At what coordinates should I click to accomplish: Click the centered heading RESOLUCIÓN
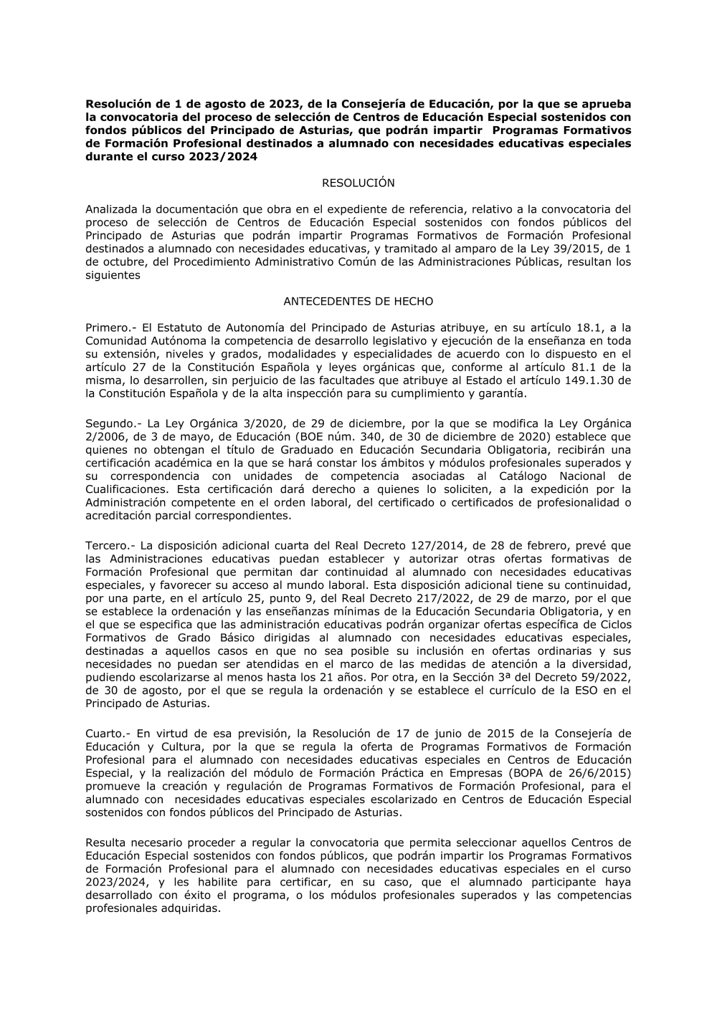[358, 183]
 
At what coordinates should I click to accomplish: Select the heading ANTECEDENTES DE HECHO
[358, 302]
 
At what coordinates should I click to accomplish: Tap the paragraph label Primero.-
[110, 327]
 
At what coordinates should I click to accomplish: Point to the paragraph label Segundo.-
[113, 423]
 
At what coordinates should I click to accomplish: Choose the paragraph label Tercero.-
[110, 545]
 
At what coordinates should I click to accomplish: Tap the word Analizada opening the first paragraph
[111, 209]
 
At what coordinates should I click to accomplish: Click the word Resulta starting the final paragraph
[105, 842]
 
